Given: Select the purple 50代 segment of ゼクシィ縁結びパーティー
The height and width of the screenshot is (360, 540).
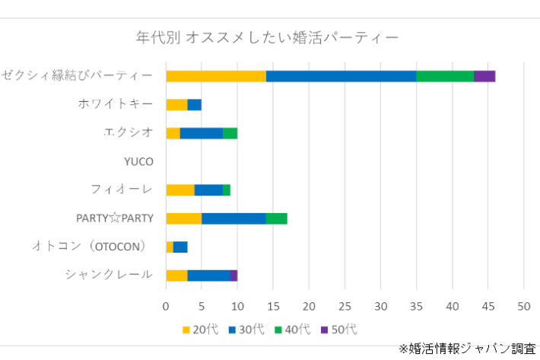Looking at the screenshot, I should click(484, 75).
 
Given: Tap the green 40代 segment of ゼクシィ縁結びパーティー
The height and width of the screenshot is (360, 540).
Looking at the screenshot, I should click(445, 75).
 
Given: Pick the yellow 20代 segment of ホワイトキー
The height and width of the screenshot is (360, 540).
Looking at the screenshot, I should click(176, 104).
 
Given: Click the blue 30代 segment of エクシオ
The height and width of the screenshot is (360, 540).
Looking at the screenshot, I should click(202, 132).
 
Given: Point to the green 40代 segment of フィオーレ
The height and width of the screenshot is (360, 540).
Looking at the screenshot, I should click(227, 190).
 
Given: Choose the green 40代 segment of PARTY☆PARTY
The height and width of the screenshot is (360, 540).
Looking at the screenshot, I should click(276, 218).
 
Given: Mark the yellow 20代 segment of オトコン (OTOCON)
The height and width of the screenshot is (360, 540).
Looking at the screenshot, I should click(170, 247).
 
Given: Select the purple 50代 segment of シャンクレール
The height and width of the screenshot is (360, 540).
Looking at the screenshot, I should click(233, 275).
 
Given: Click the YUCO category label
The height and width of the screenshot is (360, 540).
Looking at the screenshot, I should click(138, 161).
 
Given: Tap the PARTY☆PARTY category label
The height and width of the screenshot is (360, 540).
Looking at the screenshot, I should click(115, 218).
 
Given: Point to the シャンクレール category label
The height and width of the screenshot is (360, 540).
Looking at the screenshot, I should click(109, 275).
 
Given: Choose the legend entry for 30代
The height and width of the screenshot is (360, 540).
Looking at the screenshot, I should click(246, 330).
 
